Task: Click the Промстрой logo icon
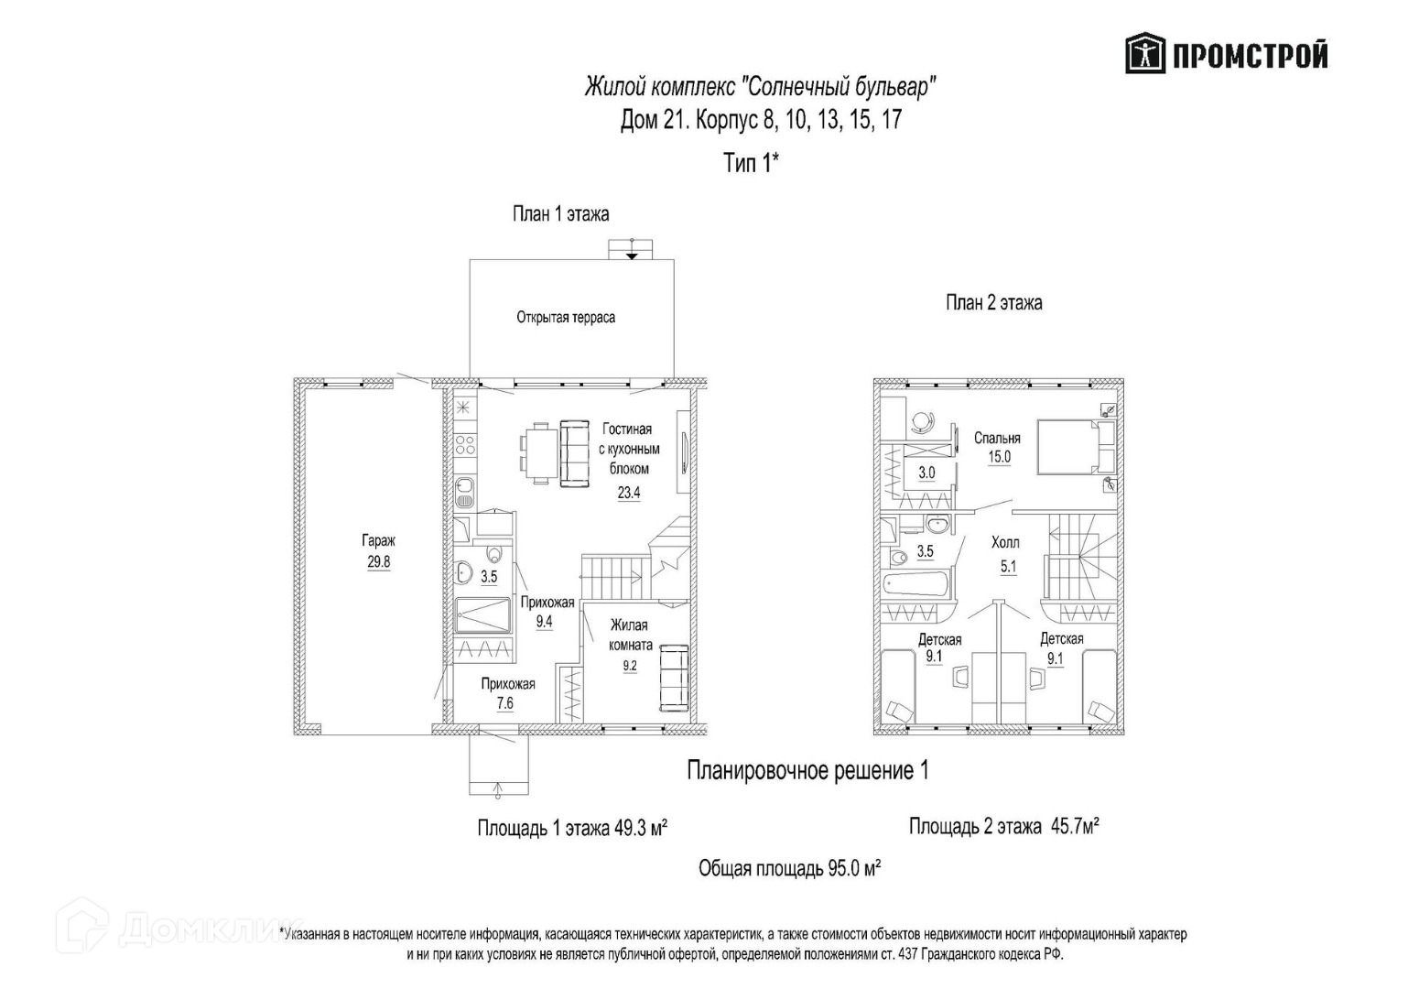1144,55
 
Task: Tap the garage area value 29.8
378,562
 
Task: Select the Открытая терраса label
565,318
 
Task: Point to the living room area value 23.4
628,492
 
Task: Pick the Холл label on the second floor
1005,543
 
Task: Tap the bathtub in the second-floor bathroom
916,585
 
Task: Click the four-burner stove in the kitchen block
464,446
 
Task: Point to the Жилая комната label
629,635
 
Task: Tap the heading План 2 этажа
993,303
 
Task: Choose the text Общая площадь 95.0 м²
789,868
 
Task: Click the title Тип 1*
751,164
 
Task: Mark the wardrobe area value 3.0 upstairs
926,473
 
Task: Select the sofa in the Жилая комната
674,678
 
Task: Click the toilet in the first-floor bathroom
494,555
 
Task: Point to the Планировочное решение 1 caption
807,771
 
